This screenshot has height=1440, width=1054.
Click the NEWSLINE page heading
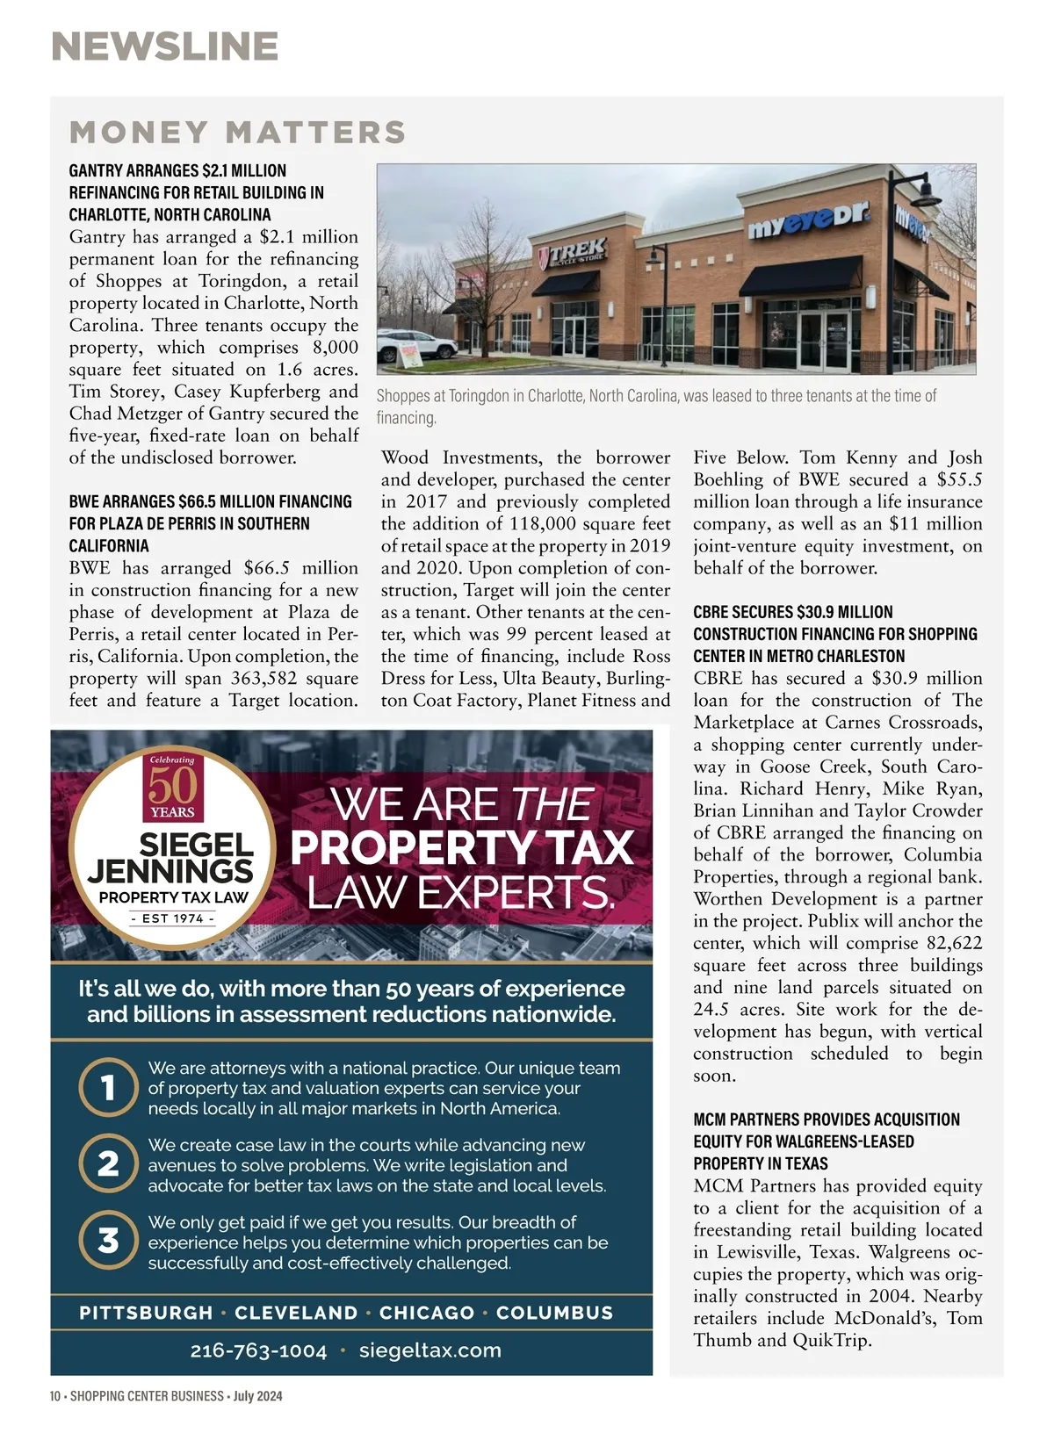tap(165, 47)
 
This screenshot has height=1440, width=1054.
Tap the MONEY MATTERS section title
tap(237, 133)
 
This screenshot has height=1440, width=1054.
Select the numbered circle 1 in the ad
tap(108, 1088)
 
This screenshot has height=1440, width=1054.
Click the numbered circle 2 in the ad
tap(108, 1164)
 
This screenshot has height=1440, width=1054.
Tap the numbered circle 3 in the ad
tap(108, 1241)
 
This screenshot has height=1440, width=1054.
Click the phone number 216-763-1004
tap(258, 1350)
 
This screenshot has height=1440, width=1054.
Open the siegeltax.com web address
tap(430, 1350)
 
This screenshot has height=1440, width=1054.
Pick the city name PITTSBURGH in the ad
tap(146, 1313)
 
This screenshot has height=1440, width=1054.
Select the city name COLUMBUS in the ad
tap(554, 1313)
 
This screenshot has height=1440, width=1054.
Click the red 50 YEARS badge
tap(172, 787)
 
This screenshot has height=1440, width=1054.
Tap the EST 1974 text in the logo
tap(172, 918)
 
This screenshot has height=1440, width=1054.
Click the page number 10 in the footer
tap(55, 1396)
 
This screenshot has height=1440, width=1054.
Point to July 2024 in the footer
tap(257, 1396)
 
